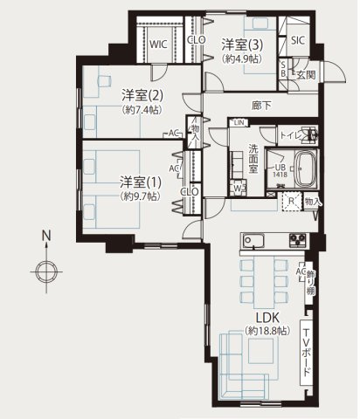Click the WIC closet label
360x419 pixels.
(159, 43)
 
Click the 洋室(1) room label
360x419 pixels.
(140, 182)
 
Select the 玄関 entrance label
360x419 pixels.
(305, 76)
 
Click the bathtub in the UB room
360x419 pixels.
(306, 168)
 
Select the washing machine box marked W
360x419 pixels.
(238, 188)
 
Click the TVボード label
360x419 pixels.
(305, 351)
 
